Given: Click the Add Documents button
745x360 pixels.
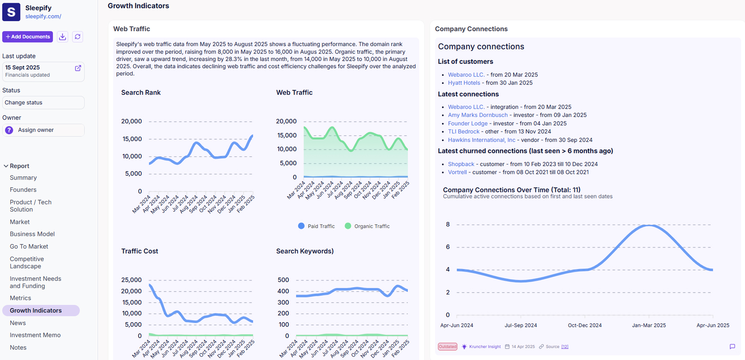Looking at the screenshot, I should (28, 37).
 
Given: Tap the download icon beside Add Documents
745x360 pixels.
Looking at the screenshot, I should (62, 37).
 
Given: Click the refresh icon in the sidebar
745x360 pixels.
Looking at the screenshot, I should (77, 37).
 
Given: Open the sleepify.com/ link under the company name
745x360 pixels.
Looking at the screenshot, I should (43, 16).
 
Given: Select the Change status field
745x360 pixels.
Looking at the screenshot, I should (43, 103).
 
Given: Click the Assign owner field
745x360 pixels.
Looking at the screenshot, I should (43, 130).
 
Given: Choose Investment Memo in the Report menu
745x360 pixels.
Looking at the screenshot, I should (35, 335).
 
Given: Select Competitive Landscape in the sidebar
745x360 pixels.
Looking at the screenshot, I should (27, 262).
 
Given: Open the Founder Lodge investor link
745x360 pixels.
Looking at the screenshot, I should (468, 123).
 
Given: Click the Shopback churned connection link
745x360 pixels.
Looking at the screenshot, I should (461, 164).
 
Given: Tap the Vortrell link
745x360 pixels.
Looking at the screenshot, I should (457, 172).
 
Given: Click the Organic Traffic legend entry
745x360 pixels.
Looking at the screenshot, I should (368, 226).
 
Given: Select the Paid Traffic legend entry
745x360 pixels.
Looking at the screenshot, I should (317, 226).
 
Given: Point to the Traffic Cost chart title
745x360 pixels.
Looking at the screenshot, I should (140, 251).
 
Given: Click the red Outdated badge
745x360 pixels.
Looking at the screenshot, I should (447, 347).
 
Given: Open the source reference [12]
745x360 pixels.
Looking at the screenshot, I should (565, 347).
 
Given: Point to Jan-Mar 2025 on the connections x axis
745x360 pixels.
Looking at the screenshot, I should (649, 325).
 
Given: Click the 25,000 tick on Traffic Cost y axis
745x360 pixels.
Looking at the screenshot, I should (131, 280).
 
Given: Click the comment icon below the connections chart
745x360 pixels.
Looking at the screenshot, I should (732, 346).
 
